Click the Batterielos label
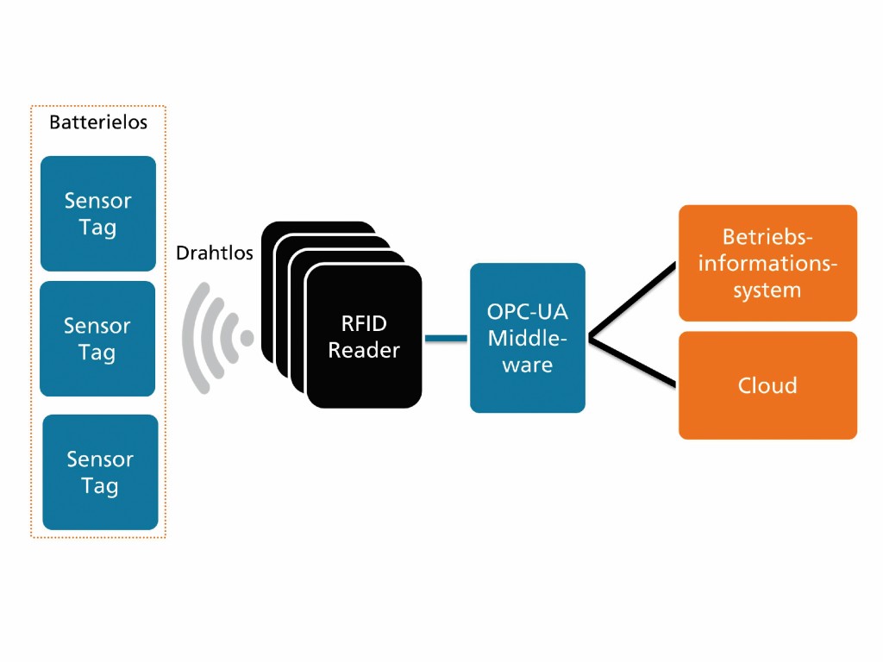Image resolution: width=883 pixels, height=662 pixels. pyautogui.click(x=97, y=122)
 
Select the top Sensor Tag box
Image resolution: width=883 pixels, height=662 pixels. pyautogui.click(x=97, y=214)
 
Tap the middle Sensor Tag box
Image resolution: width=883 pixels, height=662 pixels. pyautogui.click(x=97, y=339)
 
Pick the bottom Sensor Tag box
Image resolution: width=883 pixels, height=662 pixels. pyautogui.click(x=100, y=472)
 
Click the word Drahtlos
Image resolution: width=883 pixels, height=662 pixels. pyautogui.click(x=214, y=253)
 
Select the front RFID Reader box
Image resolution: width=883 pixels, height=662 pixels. pyautogui.click(x=364, y=336)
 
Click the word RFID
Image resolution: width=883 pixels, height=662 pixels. pyautogui.click(x=364, y=324)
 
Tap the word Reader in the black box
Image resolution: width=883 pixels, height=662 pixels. pyautogui.click(x=364, y=351)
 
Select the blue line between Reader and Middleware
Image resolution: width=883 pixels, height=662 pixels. pyautogui.click(x=446, y=338)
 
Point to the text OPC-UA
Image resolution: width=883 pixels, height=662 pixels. pyautogui.click(x=527, y=311)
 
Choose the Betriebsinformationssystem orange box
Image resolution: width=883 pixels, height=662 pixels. pyautogui.click(x=767, y=263)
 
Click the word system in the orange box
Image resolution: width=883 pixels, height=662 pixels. pyautogui.click(x=767, y=290)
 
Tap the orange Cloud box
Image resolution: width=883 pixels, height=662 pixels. pyautogui.click(x=767, y=385)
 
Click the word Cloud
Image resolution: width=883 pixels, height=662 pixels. pyautogui.click(x=767, y=385)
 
